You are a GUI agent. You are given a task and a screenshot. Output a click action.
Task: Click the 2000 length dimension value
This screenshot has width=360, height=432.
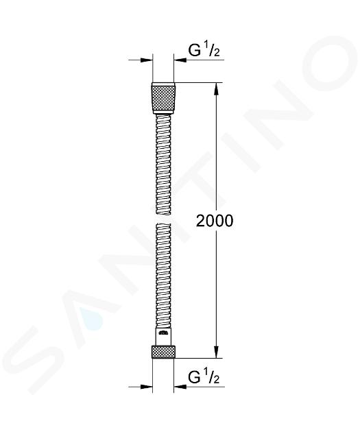point(215,221)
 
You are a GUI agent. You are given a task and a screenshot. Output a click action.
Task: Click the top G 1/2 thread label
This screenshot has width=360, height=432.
point(204,50)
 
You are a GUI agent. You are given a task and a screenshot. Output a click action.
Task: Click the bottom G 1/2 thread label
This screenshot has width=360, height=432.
point(204,377)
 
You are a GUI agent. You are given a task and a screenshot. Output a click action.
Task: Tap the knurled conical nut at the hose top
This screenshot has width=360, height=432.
point(163,98)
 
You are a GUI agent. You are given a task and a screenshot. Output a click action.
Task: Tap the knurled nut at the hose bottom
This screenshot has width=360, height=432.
point(163,351)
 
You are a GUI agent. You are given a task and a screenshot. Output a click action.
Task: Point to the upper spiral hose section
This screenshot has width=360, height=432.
point(163,165)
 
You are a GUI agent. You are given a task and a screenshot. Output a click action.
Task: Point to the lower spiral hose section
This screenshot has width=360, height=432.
point(163,276)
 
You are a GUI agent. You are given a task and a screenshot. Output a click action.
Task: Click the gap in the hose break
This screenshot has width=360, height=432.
point(163,219)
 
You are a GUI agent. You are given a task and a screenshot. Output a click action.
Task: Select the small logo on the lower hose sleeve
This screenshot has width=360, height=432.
point(163,333)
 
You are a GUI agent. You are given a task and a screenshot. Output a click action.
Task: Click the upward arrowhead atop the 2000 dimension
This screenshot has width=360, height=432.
point(217,88)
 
